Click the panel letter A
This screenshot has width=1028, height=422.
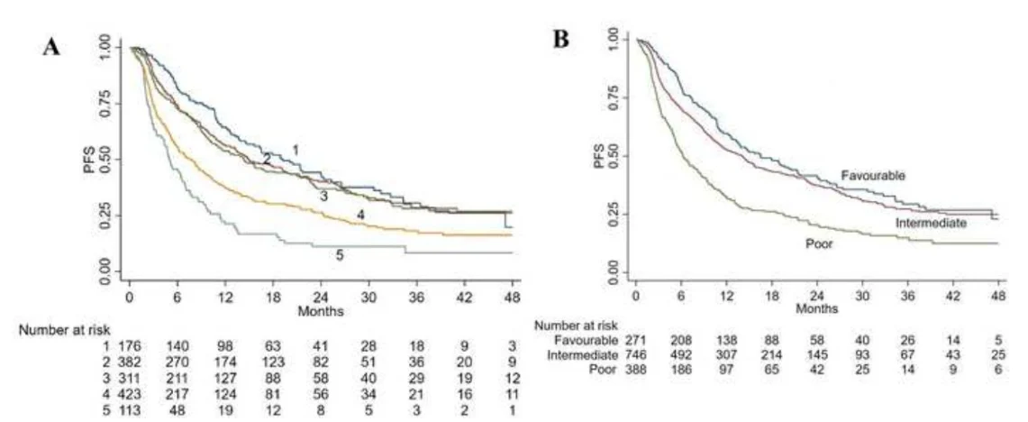tap(51, 47)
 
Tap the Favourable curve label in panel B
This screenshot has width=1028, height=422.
tap(873, 176)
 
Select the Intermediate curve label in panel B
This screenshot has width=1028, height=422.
tap(931, 223)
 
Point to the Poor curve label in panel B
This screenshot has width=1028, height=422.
tap(819, 243)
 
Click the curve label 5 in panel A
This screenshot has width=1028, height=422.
tap(340, 256)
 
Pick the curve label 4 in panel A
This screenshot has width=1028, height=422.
tap(360, 215)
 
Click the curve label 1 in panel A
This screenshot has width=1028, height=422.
tap(296, 151)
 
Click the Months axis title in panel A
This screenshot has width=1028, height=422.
tap(321, 312)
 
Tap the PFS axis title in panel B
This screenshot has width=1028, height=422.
tap(598, 158)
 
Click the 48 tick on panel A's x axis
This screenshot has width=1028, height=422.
tap(512, 298)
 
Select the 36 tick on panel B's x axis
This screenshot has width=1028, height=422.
tap(907, 297)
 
